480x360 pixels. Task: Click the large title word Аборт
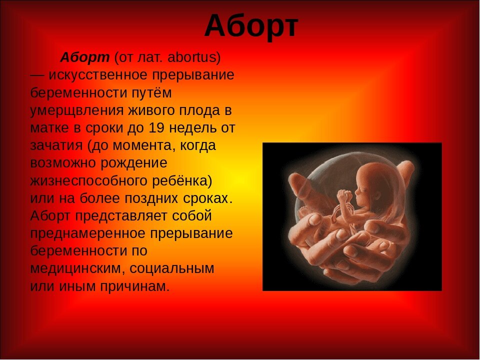(x=251, y=26)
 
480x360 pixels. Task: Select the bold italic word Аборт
(x=85, y=57)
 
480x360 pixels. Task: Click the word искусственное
(x=98, y=75)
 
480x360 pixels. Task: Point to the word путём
(x=151, y=93)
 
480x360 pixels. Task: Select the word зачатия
(x=56, y=146)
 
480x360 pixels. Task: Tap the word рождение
(x=134, y=163)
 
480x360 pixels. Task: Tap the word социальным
(x=171, y=269)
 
